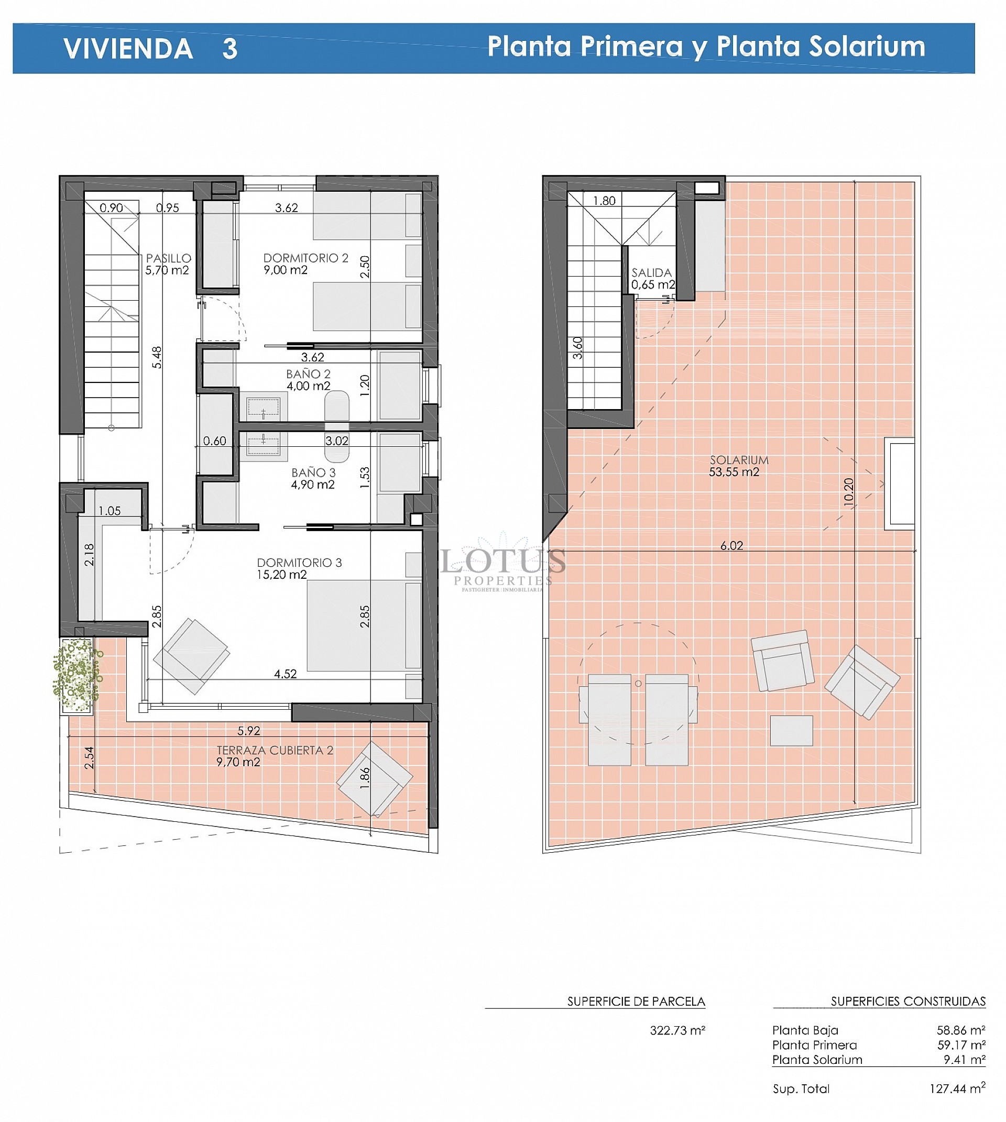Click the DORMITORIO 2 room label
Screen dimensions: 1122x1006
305,258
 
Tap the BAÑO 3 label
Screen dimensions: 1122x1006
313,473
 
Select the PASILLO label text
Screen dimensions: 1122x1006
169,258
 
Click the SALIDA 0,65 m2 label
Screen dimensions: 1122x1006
652,279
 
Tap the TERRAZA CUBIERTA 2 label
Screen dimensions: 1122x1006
275,751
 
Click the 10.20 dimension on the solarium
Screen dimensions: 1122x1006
848,490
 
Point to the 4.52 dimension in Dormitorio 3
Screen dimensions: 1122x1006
285,674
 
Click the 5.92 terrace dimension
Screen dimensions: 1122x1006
249,731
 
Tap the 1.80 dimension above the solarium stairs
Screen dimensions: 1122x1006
604,201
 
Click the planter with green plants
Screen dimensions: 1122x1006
78,675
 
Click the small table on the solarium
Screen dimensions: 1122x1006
791,731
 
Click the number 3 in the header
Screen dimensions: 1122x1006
230,49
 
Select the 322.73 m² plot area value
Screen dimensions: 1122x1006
677,1030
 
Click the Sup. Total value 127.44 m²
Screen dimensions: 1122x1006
957,1089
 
